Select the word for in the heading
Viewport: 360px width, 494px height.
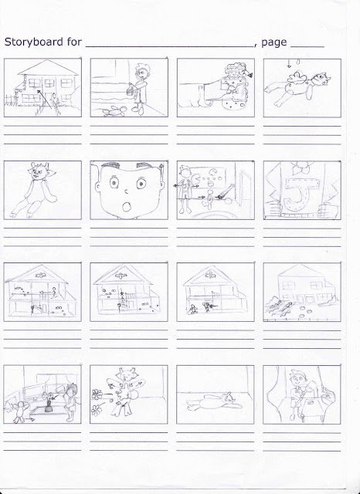pyautogui.click(x=74, y=42)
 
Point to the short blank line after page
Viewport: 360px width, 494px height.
pyautogui.click(x=307, y=47)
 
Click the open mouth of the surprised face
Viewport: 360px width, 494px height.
pyautogui.click(x=127, y=207)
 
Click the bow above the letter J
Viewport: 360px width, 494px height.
pyautogui.click(x=303, y=167)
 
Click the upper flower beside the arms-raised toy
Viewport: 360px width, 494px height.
pyautogui.click(x=97, y=394)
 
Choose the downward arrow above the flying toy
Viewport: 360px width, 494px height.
pyautogui.click(x=289, y=63)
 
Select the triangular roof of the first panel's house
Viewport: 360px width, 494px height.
pyautogui.click(x=48, y=67)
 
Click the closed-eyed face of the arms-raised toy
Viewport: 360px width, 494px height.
pyautogui.click(x=125, y=375)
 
